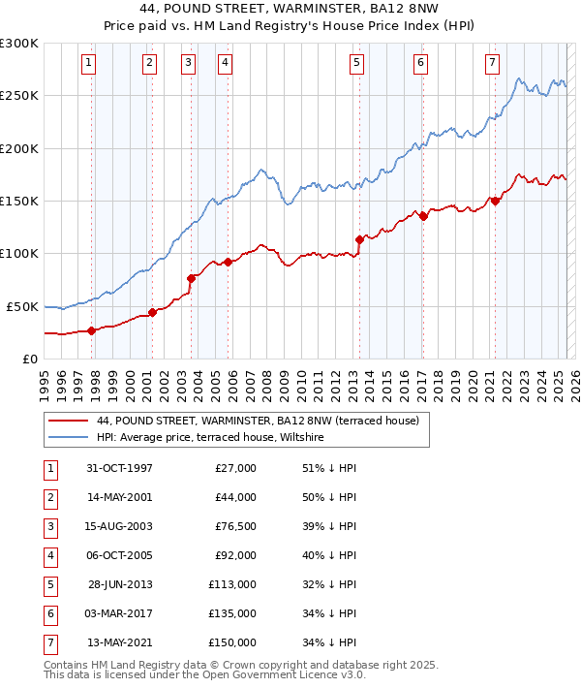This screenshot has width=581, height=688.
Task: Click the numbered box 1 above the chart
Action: (x=88, y=63)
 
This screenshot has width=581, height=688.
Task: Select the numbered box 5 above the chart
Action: (x=357, y=63)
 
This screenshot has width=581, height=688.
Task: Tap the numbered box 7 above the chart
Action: (x=492, y=63)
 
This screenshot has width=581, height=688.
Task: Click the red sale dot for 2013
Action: (x=359, y=238)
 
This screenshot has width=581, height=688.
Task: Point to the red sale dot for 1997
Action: (x=91, y=330)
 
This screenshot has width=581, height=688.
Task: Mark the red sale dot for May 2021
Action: (x=495, y=201)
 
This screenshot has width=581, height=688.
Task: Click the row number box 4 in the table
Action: (x=49, y=555)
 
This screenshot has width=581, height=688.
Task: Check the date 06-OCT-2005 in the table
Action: (x=119, y=555)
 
